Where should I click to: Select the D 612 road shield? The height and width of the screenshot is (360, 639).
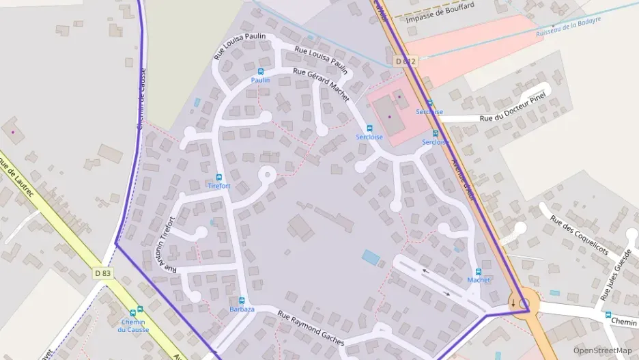(404, 61)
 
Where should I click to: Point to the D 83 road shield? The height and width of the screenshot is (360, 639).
(102, 273)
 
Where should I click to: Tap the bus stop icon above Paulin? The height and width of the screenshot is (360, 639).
(260, 71)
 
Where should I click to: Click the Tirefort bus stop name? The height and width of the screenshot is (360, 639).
(218, 186)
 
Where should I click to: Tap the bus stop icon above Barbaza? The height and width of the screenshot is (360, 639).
(242, 300)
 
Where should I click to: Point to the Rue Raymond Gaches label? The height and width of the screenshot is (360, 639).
(311, 327)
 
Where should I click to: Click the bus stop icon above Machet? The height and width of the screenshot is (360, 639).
(478, 272)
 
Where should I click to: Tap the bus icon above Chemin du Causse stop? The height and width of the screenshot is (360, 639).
(141, 309)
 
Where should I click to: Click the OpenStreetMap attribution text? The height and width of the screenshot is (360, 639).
(602, 350)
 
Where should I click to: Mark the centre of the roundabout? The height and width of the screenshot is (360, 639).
(524, 304)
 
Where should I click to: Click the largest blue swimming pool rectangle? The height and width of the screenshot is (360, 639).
(371, 258)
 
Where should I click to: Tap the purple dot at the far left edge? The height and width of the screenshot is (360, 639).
(13, 131)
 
